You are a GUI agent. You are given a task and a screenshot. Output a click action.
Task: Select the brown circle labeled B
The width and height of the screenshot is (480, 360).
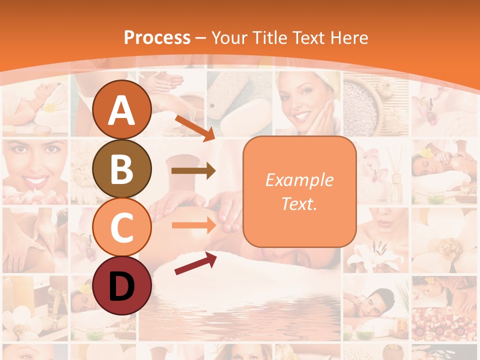coord(122,169)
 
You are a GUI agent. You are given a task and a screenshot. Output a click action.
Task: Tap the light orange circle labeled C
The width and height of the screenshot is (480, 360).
coord(122,227)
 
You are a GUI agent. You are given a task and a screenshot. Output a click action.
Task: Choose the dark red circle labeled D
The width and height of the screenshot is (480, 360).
coord(122,286)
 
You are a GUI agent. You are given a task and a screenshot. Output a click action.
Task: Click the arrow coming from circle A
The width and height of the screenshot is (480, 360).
coord(195,127)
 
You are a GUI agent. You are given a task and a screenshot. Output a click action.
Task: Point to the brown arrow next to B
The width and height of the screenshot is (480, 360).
coord(193,171)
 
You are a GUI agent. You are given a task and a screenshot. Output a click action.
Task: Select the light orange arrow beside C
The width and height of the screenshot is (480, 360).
coord(193,225)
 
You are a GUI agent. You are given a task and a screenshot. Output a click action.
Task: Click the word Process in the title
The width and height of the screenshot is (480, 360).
coord(157,37)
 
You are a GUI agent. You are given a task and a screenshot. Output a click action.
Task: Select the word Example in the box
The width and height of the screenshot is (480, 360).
coord(299,180)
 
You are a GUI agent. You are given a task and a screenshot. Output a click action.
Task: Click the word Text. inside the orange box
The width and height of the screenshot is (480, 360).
coord(299,204)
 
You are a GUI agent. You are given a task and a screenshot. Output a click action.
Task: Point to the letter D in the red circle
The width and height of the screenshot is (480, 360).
coord(122,286)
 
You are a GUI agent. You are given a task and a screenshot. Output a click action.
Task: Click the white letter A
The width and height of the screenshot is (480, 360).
coord(122,110)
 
